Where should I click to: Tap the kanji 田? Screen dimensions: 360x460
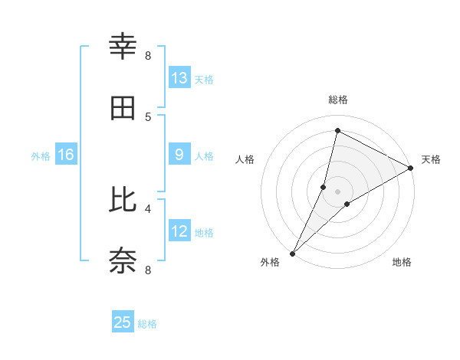pyautogui.click(x=123, y=109)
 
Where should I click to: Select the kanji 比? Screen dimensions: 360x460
pyautogui.click(x=123, y=200)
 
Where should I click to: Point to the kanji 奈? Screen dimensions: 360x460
pyautogui.click(x=123, y=260)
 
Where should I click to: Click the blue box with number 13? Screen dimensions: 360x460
pyautogui.click(x=179, y=78)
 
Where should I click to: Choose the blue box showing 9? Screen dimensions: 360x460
pyautogui.click(x=179, y=155)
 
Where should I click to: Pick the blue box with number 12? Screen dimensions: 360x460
pyautogui.click(x=179, y=231)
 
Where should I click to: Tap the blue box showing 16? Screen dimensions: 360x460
pyautogui.click(x=66, y=155)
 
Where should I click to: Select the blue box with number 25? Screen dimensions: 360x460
pyautogui.click(x=123, y=322)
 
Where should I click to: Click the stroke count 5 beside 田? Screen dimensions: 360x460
pyautogui.click(x=148, y=116)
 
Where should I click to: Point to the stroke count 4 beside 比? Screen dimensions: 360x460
pyautogui.click(x=148, y=208)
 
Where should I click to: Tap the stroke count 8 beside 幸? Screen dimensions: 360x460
pyautogui.click(x=148, y=55)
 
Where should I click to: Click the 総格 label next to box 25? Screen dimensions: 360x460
pyautogui.click(x=147, y=324)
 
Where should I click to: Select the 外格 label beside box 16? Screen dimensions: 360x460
pyautogui.click(x=41, y=155)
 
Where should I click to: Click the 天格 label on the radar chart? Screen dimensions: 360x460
pyautogui.click(x=431, y=159)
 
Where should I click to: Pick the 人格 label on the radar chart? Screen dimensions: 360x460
pyautogui.click(x=245, y=159)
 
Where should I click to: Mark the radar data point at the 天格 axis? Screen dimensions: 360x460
pyautogui.click(x=411, y=168)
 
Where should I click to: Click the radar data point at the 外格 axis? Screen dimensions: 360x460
pyautogui.click(x=293, y=253)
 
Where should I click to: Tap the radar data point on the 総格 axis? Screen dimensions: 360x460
pyautogui.click(x=337, y=130)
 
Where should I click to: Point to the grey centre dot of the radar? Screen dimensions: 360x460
pyautogui.click(x=338, y=191)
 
